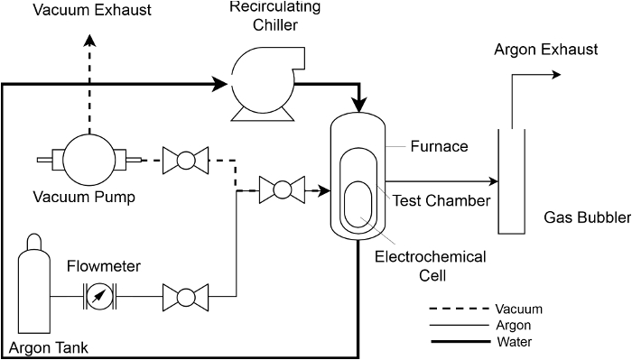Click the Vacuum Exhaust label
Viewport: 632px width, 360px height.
tap(92, 10)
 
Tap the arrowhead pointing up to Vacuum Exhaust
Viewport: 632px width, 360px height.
tap(89, 41)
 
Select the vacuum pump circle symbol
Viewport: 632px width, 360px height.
tap(89, 160)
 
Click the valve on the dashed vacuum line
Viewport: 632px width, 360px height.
tap(185, 161)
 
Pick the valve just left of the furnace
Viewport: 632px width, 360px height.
tap(282, 189)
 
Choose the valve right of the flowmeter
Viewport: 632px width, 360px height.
tap(185, 297)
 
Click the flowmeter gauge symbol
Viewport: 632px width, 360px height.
tap(99, 297)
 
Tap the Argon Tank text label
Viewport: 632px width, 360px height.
tap(49, 347)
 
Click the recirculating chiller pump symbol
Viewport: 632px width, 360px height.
tap(267, 84)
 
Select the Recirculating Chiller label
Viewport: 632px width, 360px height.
tap(275, 15)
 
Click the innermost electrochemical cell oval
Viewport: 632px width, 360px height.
tap(358, 205)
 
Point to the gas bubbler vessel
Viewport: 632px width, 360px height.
tap(512, 181)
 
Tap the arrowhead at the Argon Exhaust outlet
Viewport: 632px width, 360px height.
tap(556, 75)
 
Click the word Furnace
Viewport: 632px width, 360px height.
tap(440, 146)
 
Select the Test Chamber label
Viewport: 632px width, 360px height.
tap(441, 200)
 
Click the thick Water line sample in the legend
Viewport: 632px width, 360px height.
tap(460, 342)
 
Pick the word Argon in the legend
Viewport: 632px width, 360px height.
tap(514, 326)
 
